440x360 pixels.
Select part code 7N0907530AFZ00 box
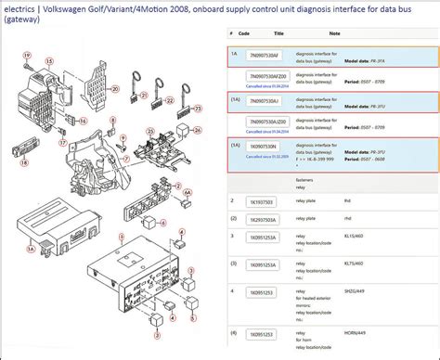[x=268, y=74]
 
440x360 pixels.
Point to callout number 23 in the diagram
[x=198, y=108]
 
